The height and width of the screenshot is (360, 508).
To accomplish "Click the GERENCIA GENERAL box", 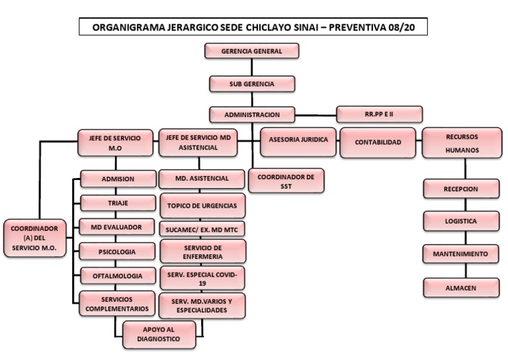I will (251, 51).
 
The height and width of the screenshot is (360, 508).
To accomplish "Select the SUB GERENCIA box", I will (251, 83).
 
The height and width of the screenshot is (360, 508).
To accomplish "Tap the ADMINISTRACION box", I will (251, 114).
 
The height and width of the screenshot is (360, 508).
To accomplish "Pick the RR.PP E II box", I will (379, 114).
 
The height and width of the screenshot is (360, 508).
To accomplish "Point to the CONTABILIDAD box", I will (378, 142).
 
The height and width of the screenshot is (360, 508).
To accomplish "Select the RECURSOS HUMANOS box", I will (462, 143).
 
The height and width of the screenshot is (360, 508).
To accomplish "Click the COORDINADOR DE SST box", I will (286, 181).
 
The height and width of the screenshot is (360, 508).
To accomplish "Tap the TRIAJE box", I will (118, 202).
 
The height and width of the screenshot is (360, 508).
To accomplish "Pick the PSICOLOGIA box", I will (118, 251).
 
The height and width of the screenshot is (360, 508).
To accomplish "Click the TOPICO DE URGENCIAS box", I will (202, 205).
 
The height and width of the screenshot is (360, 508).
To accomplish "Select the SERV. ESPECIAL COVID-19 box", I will (202, 278).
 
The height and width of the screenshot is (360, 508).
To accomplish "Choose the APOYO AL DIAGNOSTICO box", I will (160, 334).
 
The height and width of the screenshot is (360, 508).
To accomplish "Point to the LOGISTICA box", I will (461, 221).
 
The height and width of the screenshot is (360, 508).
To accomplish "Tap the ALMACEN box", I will (461, 287).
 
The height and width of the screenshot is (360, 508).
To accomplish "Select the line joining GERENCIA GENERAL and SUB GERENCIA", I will (251, 67).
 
